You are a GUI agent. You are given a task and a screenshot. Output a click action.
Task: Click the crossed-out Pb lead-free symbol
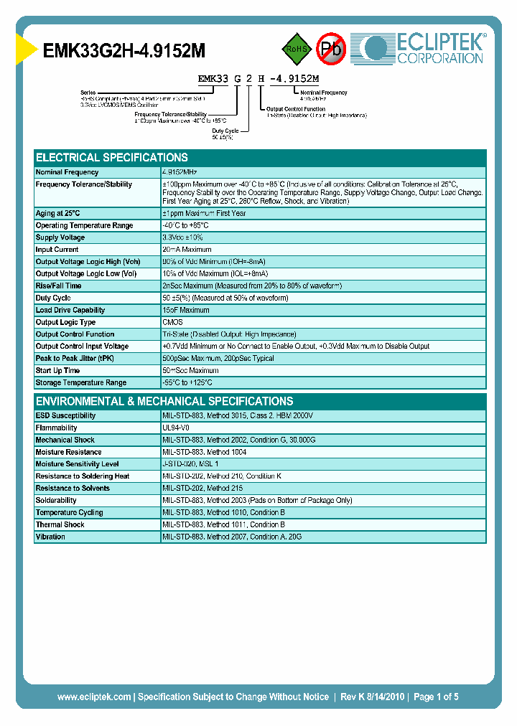click(x=330, y=49)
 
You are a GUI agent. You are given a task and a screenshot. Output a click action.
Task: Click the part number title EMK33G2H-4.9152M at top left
click(x=124, y=50)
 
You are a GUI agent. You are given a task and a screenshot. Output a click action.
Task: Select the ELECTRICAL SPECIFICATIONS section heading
click(x=112, y=157)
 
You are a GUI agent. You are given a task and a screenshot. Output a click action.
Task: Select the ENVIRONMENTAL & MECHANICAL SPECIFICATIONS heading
click(x=164, y=401)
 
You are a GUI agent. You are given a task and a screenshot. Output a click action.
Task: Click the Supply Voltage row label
click(x=60, y=237)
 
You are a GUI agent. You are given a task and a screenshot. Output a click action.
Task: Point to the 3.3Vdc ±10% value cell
click(x=182, y=237)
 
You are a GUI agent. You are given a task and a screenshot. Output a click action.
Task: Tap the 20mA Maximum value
click(x=187, y=250)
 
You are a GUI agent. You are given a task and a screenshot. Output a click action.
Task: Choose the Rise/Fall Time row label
click(x=58, y=286)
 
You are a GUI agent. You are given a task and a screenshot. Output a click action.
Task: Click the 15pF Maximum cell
click(x=186, y=310)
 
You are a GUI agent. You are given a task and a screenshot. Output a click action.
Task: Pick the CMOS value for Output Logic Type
click(x=172, y=322)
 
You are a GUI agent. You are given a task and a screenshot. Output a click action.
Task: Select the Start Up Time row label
click(x=57, y=370)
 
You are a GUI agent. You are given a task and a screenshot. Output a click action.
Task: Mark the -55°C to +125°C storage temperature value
click(x=192, y=382)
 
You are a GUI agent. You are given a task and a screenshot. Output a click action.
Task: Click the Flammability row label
click(x=56, y=428)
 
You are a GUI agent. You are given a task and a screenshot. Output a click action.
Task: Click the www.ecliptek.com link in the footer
click(x=94, y=697)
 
